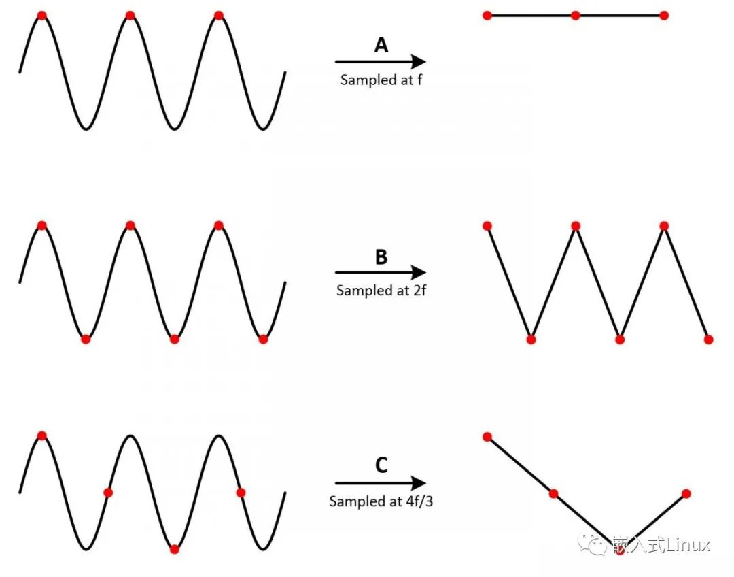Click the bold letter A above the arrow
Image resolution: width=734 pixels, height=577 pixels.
pos(381,46)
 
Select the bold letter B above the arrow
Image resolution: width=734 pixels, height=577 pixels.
pos(381,257)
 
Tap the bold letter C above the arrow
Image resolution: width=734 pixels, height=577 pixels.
pos(381,466)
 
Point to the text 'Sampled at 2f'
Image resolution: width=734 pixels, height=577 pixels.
pos(381,291)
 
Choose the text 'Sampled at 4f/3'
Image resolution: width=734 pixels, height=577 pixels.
pos(381,501)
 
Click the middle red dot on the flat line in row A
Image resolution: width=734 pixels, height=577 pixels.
pos(576,15)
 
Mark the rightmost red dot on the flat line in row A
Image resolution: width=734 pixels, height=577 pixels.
pos(664,15)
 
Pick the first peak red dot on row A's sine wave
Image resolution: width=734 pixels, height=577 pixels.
pos(41,15)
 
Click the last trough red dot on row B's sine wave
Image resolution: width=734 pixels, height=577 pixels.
pos(263,339)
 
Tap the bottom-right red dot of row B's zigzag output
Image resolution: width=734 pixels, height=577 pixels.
pos(709,339)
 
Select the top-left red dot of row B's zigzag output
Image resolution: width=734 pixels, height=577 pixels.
pos(487,226)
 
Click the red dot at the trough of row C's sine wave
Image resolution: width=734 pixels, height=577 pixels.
pos(175,549)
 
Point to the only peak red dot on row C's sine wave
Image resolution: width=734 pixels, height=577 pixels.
pos(41,435)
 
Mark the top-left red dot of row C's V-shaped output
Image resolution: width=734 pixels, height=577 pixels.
pos(487,436)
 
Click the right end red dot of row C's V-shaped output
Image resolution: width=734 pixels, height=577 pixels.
pos(686,493)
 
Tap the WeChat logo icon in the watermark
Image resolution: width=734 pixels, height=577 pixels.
pos(590,544)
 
